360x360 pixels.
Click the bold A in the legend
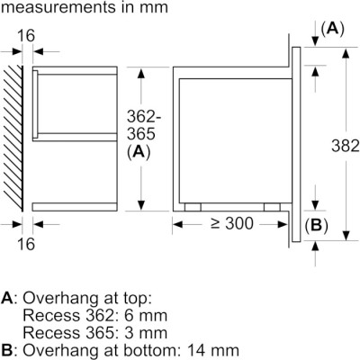coord(7,298)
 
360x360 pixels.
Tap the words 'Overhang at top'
coord(77,298)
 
